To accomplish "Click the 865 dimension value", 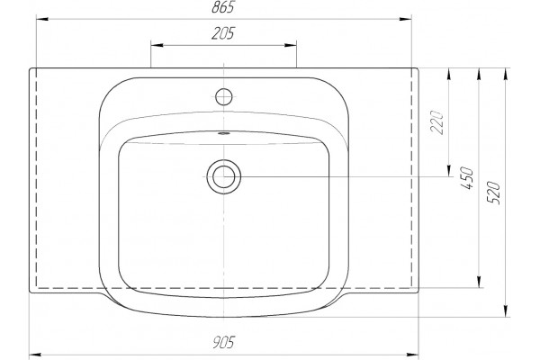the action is pyautogui.click(x=223, y=7).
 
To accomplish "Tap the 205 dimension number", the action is pyautogui.click(x=223, y=33).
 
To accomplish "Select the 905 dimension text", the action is pyautogui.click(x=223, y=342).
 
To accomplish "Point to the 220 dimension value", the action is pyautogui.click(x=437, y=122).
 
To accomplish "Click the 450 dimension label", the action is pyautogui.click(x=467, y=178).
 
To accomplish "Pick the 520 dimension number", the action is pyautogui.click(x=493, y=193).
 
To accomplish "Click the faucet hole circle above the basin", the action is pyautogui.click(x=224, y=97).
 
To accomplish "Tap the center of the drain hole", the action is pyautogui.click(x=224, y=176).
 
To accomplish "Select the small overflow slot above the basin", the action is pyautogui.click(x=224, y=133).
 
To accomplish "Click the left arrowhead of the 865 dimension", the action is pyautogui.click(x=42, y=19).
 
